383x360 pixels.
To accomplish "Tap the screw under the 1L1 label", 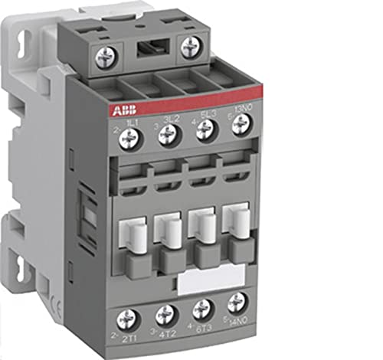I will [131, 139].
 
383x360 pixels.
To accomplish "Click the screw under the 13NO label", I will [241, 124].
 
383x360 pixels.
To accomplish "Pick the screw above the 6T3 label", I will [201, 308].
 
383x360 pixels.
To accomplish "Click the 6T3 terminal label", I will [205, 328].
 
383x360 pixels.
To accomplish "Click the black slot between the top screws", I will [146, 50].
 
